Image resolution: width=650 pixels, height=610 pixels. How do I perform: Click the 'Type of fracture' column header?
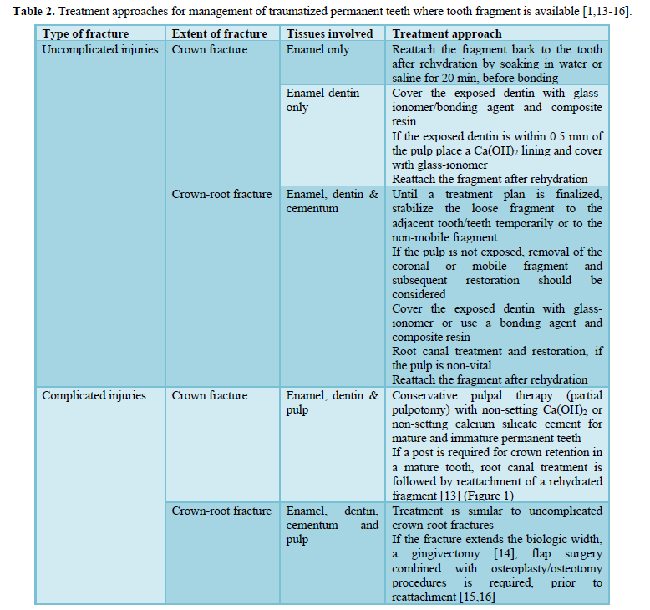tap(85, 33)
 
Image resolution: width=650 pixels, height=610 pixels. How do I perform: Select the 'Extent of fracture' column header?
tap(219, 33)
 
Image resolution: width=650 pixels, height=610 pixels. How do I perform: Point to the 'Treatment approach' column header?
tap(447, 33)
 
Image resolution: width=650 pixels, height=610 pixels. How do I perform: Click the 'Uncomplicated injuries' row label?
tap(99, 49)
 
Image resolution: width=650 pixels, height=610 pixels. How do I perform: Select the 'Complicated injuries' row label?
tap(94, 395)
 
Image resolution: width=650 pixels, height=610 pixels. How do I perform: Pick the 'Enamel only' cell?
tap(317, 49)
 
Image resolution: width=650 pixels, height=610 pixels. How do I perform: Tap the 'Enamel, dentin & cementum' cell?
tap(332, 201)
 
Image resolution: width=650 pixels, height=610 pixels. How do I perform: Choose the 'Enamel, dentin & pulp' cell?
tap(332, 402)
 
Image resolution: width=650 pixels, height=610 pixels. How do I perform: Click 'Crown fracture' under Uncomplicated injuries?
tap(210, 49)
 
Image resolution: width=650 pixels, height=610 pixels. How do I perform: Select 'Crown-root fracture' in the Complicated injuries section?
tap(221, 511)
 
